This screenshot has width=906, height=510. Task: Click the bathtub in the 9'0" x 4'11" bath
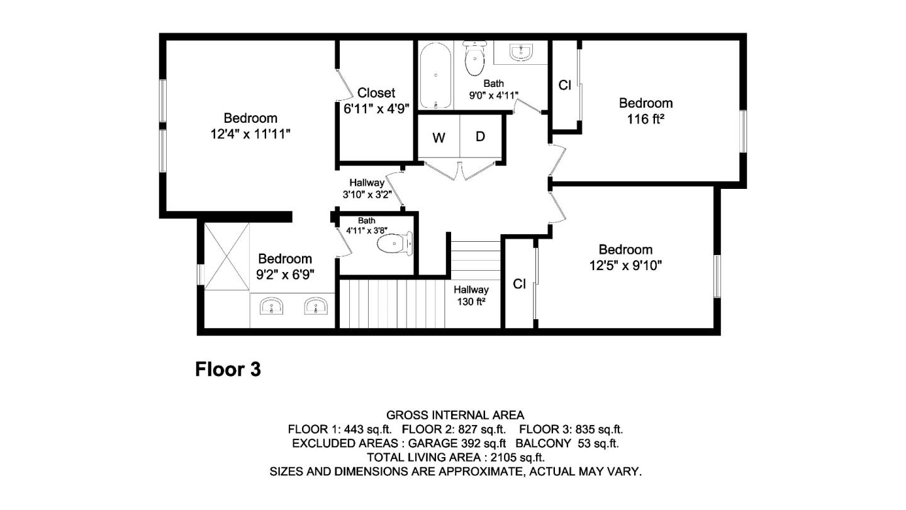coord(435,76)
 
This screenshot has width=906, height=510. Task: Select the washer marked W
coord(439,138)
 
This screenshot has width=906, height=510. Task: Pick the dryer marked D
coord(480,137)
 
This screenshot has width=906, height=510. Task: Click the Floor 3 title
coord(228,369)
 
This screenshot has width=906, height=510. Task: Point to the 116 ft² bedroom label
coord(646,118)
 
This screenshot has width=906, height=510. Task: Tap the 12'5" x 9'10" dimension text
coord(625,266)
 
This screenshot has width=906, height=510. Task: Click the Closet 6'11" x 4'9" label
coord(376,101)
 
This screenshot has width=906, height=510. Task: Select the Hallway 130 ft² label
coord(471,295)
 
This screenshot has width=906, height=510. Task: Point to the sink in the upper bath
coord(521,53)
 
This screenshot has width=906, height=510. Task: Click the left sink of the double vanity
coord(272,307)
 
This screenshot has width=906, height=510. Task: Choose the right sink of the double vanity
coord(315,307)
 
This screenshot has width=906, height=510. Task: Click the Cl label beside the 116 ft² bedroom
coord(564,85)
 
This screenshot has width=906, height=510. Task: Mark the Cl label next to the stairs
coord(519,284)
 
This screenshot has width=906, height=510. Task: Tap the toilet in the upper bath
coord(475,58)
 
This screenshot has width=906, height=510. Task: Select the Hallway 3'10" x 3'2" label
coord(367,188)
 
